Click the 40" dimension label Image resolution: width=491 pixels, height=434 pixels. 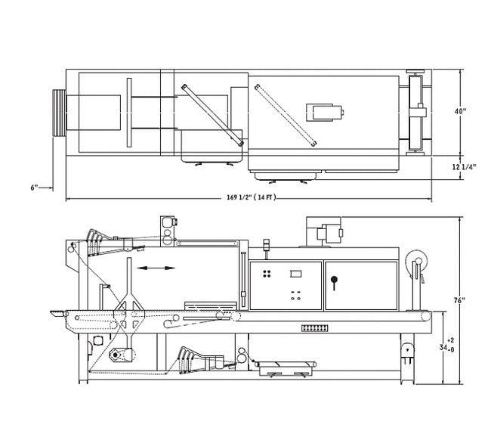[x=460, y=111]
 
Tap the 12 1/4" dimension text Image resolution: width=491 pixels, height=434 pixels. [x=464, y=166]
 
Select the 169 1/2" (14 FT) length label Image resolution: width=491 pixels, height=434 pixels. [x=251, y=197]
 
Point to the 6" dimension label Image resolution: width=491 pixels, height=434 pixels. [x=34, y=188]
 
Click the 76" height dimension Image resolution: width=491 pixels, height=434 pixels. [x=459, y=300]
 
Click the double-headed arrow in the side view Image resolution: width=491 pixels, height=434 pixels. [x=156, y=268]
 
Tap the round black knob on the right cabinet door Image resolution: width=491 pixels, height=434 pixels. [x=334, y=279]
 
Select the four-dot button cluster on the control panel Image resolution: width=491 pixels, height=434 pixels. [x=267, y=274]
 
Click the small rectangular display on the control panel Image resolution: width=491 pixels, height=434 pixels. [x=295, y=274]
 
